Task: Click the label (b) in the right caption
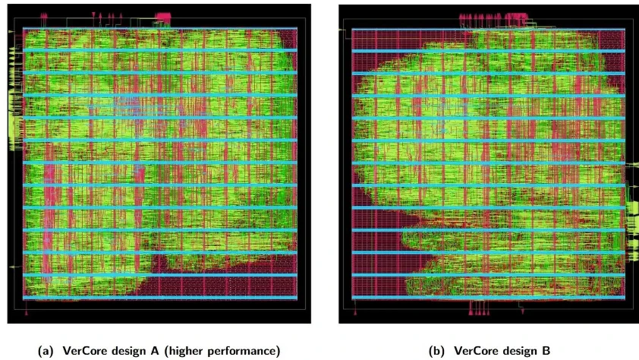tap(438, 350)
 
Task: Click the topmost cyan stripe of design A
tap(159, 30)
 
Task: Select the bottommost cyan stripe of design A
tap(159, 297)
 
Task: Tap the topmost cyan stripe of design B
tap(488, 30)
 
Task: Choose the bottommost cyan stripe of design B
tap(488, 298)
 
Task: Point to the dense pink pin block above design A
tap(163, 16)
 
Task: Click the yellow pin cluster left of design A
tap(14, 114)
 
